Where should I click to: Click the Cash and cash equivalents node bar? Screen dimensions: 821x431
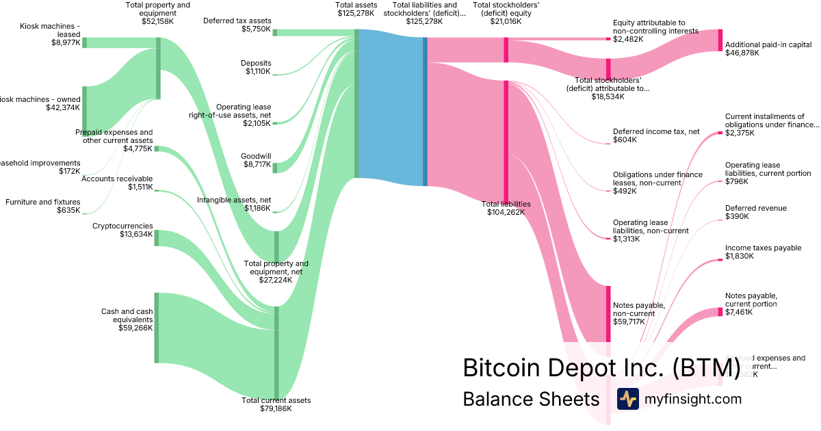(x=157, y=328)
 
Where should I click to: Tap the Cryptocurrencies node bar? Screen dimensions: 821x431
(x=157, y=237)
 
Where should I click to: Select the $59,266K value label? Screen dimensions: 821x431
(x=135, y=328)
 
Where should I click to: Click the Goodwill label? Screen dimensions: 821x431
(x=256, y=156)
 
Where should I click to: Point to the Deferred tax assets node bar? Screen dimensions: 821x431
(x=275, y=32)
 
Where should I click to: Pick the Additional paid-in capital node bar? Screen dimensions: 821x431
(x=720, y=40)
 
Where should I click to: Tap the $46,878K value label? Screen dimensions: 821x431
(x=742, y=53)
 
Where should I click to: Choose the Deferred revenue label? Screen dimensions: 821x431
(x=755, y=208)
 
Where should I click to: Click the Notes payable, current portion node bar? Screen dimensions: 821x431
(x=720, y=312)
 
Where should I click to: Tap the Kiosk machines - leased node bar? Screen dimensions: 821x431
(x=84, y=42)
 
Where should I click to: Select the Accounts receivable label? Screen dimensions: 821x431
(x=117, y=179)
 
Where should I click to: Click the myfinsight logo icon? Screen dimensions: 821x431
(x=628, y=399)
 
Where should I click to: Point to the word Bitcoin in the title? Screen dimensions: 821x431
(x=501, y=367)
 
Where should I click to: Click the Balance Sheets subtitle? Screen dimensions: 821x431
(x=531, y=399)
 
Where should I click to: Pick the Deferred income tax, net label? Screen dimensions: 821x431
(x=655, y=131)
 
